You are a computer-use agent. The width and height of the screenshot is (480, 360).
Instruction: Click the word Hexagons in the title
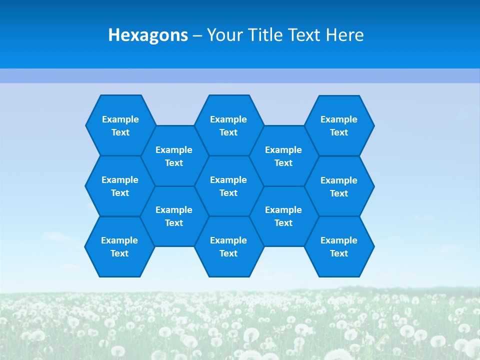(148, 35)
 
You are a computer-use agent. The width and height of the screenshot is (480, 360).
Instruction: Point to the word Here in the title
(344, 35)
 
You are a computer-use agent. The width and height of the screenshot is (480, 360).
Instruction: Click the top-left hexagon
(120, 125)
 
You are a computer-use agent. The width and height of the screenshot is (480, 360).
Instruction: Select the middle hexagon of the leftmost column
(120, 186)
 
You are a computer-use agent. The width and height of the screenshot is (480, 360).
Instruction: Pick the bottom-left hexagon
(119, 246)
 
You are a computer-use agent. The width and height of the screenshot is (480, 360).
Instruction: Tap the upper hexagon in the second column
(174, 156)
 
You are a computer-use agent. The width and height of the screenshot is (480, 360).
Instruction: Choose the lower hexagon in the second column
(174, 216)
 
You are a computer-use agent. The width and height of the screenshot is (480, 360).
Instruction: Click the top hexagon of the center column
(228, 125)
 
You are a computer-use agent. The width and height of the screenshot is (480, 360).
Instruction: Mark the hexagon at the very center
(228, 186)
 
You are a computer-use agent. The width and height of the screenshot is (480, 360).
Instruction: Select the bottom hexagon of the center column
(228, 246)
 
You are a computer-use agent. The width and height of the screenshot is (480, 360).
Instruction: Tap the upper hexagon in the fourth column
(283, 156)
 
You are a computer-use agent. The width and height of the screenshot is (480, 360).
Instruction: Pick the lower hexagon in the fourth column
(283, 216)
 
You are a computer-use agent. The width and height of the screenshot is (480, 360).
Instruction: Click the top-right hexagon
(339, 125)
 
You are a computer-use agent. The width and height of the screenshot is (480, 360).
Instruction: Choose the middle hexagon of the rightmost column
(339, 186)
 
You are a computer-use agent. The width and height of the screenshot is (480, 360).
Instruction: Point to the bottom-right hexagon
(339, 246)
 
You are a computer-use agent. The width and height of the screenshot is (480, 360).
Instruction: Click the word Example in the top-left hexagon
(120, 119)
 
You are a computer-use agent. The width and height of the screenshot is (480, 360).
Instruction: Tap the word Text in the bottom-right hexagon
(339, 253)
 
